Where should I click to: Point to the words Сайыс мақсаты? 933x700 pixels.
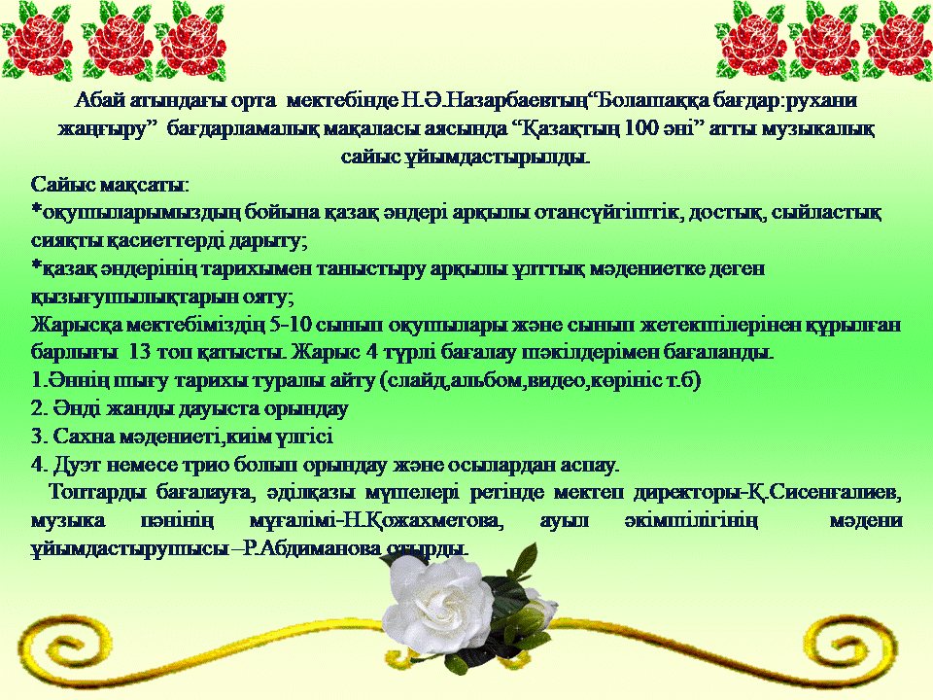pyautogui.click(x=108, y=185)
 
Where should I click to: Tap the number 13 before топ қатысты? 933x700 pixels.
pyautogui.click(x=139, y=352)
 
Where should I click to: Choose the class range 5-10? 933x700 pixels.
pyautogui.click(x=290, y=325)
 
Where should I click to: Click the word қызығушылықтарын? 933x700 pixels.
pyautogui.click(x=133, y=297)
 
